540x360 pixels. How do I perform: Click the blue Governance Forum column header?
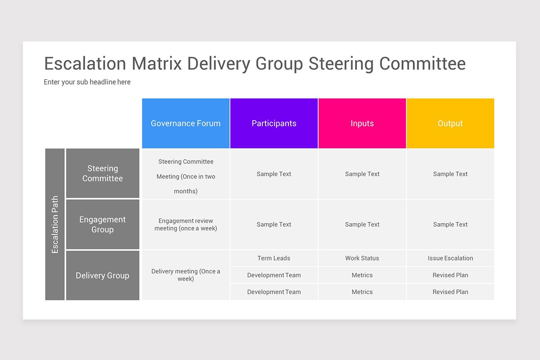[186, 123]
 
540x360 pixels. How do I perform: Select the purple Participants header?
[274, 123]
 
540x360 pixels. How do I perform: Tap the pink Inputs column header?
[362, 123]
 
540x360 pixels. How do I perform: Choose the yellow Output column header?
[450, 123]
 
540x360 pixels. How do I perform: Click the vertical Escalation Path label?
[55, 224]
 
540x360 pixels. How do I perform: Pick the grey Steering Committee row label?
[103, 173]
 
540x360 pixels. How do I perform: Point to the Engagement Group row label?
[103, 224]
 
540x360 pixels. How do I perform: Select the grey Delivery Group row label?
[103, 275]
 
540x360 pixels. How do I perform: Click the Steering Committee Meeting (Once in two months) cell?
[186, 176]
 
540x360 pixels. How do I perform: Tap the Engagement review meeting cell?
[186, 224]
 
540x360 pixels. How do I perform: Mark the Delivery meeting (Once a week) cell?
[186, 274]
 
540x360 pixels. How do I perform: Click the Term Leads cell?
[274, 258]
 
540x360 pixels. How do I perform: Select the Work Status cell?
[362, 258]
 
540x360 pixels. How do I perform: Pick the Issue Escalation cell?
[450, 258]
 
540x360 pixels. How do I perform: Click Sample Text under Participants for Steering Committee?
[274, 174]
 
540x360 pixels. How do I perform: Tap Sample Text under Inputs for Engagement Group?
[362, 224]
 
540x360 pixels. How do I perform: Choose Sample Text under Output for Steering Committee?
[450, 174]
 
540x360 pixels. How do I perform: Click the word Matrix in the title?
[157, 63]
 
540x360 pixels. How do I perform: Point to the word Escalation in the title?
[85, 63]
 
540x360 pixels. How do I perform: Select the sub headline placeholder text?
[87, 82]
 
